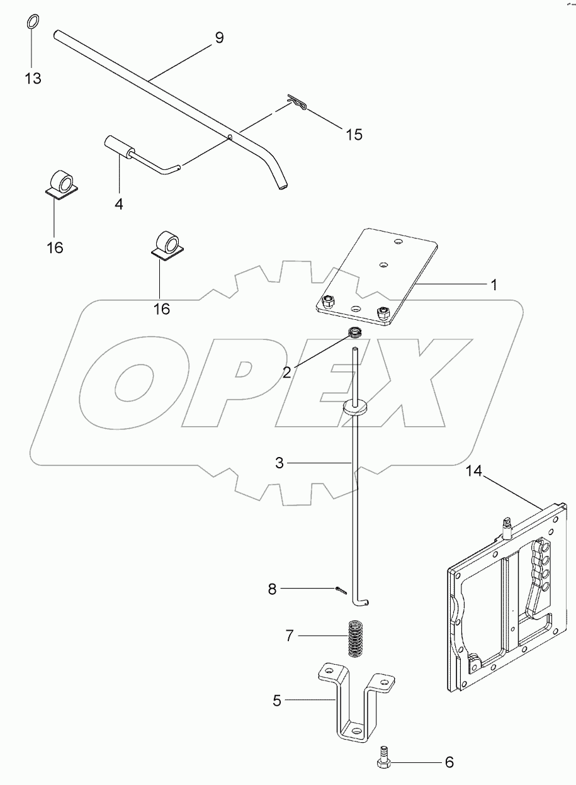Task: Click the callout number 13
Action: pos(33,79)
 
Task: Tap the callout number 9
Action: pos(218,38)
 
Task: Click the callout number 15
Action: pos(354,134)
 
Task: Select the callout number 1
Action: pos(494,285)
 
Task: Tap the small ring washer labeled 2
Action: pos(356,332)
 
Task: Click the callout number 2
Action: pos(286,372)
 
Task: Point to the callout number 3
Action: pos(280,463)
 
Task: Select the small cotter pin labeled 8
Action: pos(341,590)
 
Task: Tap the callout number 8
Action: pos(272,589)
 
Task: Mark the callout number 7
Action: pos(289,636)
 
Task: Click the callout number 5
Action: pos(277,700)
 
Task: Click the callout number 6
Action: pos(449,762)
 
